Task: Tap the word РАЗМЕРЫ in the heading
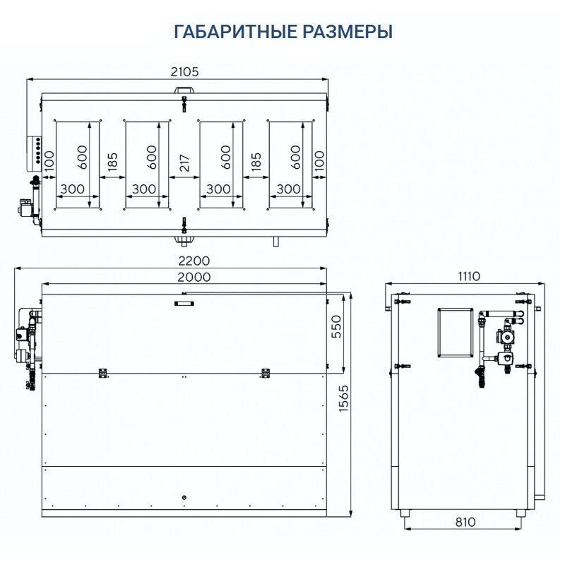(x=351, y=32)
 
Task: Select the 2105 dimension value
(x=185, y=71)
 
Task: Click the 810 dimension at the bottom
(x=465, y=522)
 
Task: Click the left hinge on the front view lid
(x=102, y=372)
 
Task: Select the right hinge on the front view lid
(x=266, y=372)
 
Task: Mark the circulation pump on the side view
(x=505, y=338)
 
